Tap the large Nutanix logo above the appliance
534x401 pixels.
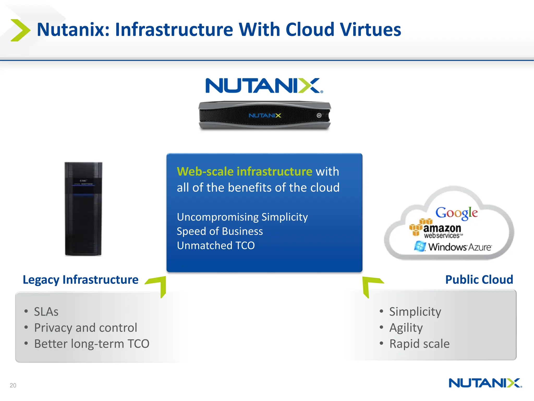pos(264,86)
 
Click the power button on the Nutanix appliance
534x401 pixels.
pos(319,115)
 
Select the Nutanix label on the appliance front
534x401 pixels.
pos(265,115)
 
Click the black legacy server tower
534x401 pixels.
pos(83,209)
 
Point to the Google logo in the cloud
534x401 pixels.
pos(457,213)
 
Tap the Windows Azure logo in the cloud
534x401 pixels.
pos(453,247)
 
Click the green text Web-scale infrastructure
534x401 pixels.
pos(244,172)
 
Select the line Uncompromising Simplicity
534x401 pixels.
pos(242,217)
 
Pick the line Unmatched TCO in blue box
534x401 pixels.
pos(216,245)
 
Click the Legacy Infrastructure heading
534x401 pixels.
pos(80,280)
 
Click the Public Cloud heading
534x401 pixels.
pos(479,280)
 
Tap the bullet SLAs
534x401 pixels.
pos(46,312)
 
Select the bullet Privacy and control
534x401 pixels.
pos(86,328)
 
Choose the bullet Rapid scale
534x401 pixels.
pos(419,344)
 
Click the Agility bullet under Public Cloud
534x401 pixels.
pos(406,328)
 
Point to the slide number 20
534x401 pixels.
pos(13,385)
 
